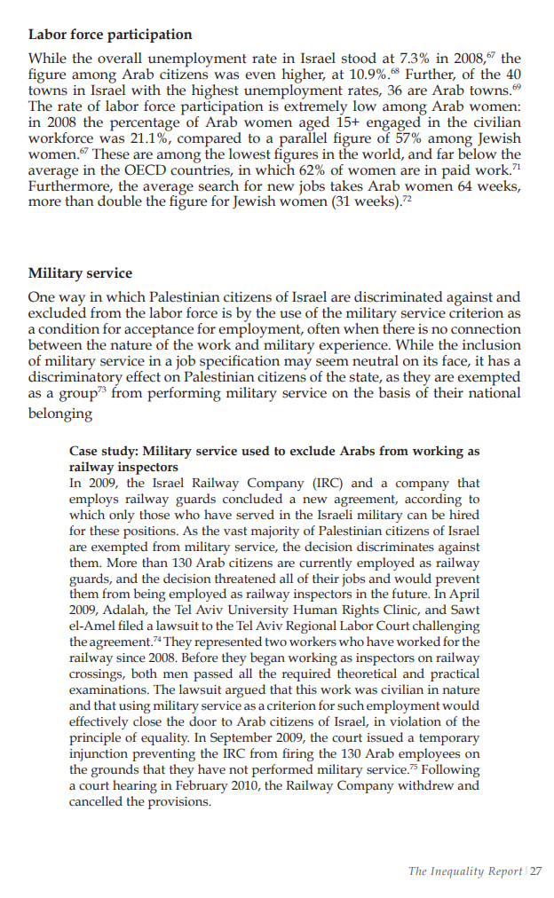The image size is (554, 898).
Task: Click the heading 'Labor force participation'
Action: (x=110, y=35)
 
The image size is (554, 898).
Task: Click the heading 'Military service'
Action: (x=80, y=273)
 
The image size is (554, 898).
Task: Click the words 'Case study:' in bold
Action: (x=103, y=452)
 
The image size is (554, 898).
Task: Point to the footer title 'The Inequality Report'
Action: (x=464, y=870)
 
